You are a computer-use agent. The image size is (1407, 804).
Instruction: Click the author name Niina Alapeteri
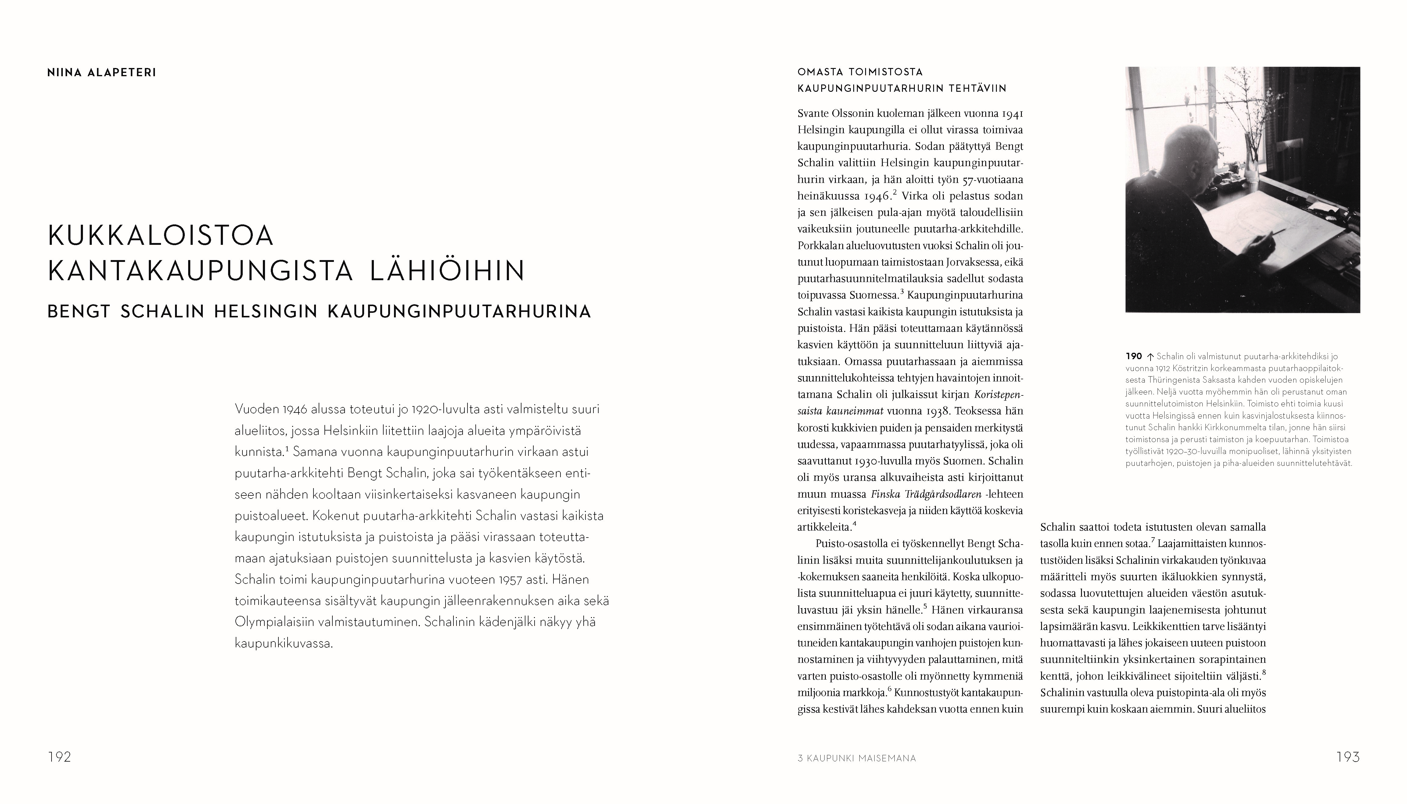pyautogui.click(x=102, y=72)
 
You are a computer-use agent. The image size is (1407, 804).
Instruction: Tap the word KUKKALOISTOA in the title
pyautogui.click(x=161, y=236)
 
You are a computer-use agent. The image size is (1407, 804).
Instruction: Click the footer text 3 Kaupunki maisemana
pyautogui.click(x=857, y=759)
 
